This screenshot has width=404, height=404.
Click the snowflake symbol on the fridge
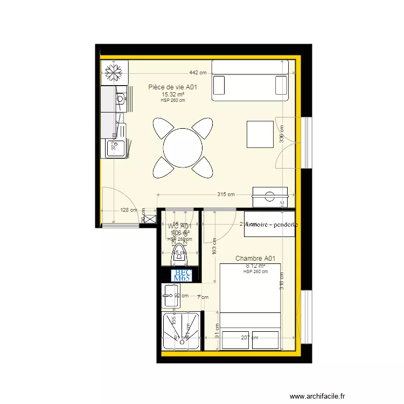click(114, 73)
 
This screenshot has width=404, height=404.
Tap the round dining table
click(183, 147)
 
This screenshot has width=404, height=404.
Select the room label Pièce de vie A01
click(176, 87)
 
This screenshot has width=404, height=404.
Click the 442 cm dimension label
click(198, 73)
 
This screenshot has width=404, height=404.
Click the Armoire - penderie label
click(272, 225)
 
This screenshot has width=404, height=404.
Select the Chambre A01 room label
click(255, 259)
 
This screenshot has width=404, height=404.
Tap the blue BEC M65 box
click(182, 275)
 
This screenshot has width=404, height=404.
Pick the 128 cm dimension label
click(128, 211)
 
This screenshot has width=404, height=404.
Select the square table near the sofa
click(260, 134)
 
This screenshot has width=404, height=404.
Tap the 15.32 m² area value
click(173, 94)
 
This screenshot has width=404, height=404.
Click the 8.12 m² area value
click(255, 266)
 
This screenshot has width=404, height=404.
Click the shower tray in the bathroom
click(182, 331)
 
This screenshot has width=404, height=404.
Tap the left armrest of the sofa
click(219, 86)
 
